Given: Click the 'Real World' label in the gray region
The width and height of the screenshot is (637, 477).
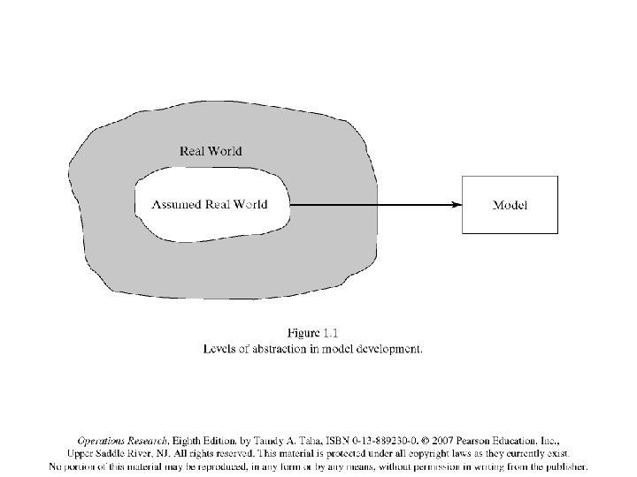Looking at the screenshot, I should (x=211, y=151).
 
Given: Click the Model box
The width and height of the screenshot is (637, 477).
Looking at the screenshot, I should (x=510, y=205).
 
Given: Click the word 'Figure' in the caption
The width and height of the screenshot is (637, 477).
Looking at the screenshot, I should (x=304, y=333).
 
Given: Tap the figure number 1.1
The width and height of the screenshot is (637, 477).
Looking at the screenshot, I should (x=331, y=333).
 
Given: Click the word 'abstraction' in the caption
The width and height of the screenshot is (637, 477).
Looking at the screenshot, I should (x=279, y=348).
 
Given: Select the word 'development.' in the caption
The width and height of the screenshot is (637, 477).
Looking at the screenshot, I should (x=388, y=348).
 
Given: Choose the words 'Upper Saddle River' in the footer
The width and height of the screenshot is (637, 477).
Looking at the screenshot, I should (x=122, y=452).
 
